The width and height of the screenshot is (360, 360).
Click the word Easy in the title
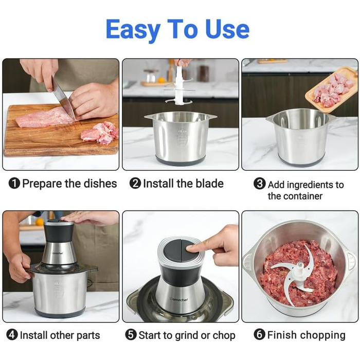[x=133, y=30]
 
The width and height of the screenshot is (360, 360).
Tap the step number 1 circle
[x=14, y=184]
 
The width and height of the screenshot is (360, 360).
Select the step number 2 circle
[x=135, y=184]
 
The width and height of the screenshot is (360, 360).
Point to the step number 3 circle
[x=260, y=184]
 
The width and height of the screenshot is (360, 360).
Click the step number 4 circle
[x=12, y=335]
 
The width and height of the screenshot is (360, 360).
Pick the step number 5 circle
[x=131, y=335]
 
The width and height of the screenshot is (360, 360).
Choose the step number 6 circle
[x=259, y=334]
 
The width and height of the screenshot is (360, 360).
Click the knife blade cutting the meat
[x=63, y=99]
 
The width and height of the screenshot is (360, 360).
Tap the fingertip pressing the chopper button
[x=190, y=248]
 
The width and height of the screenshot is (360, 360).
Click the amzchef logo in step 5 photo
[x=178, y=299]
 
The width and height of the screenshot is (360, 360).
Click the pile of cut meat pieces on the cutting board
[x=100, y=133]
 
